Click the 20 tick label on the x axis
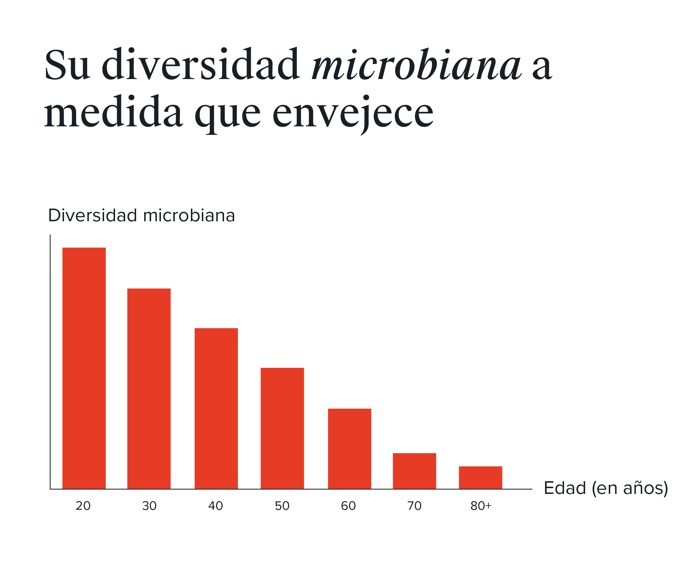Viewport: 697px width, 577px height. point(83,506)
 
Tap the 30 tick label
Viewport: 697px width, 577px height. point(149,506)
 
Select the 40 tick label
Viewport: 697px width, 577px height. point(215,506)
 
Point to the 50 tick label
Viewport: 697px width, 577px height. point(282,506)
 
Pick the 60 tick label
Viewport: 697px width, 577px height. point(348,506)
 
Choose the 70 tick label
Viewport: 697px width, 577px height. point(414,506)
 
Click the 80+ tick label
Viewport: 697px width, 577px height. point(481,506)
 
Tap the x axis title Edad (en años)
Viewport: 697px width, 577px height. point(606,488)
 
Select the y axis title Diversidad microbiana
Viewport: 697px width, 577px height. point(141,216)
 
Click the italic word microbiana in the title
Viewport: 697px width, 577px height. point(416,65)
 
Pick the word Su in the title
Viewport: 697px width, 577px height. point(67,65)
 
